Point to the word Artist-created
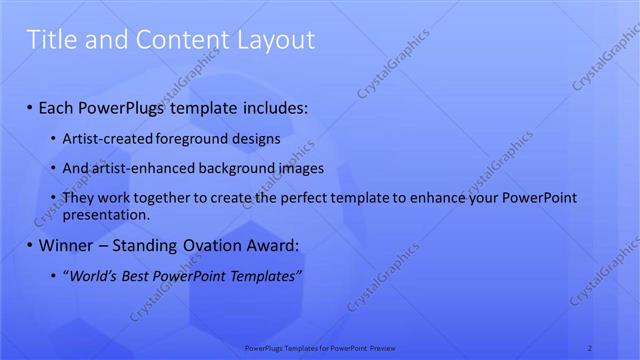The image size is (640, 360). (103, 139)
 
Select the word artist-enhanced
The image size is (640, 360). (135, 169)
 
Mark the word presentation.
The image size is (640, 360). (106, 214)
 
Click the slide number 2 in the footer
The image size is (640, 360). (590, 348)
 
